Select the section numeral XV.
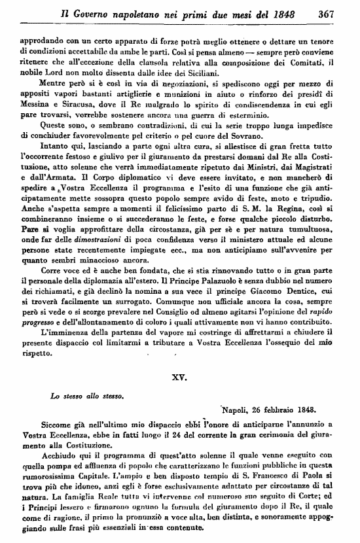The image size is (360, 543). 179,377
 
